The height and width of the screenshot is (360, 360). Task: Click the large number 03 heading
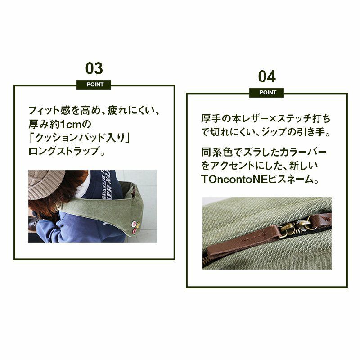[94, 68]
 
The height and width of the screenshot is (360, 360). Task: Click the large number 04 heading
[267, 76]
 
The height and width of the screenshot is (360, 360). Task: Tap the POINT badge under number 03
[94, 85]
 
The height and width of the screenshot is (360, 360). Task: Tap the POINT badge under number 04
[266, 93]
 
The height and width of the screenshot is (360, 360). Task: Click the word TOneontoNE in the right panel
[234, 179]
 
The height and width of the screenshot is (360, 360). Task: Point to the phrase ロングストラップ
[64, 151]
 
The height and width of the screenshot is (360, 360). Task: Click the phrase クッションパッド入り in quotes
[80, 138]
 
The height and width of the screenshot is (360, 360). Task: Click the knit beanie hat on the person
[46, 184]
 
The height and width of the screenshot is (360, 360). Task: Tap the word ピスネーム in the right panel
[290, 179]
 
